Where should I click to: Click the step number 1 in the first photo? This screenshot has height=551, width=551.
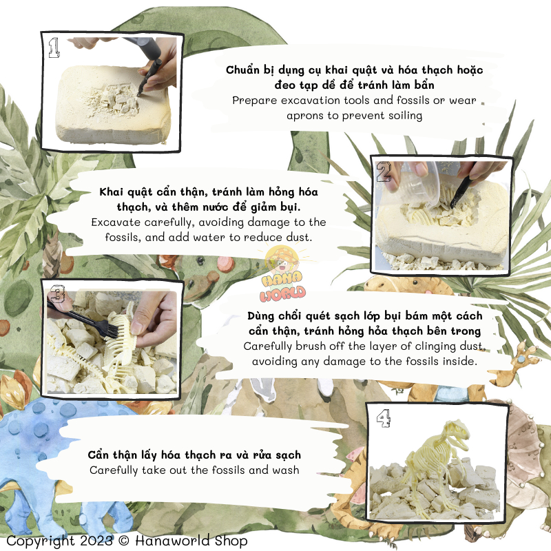click(x=54, y=48)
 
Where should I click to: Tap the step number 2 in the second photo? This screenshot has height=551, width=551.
click(x=384, y=171)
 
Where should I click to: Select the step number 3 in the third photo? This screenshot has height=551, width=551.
click(x=57, y=294)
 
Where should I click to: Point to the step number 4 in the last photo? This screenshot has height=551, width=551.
click(x=384, y=419)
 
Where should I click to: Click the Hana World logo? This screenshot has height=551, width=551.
click(x=282, y=275)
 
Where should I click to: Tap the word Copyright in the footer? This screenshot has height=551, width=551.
click(x=41, y=541)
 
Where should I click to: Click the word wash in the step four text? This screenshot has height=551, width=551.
click(x=286, y=470)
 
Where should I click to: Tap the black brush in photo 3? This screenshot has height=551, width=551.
click(x=83, y=320)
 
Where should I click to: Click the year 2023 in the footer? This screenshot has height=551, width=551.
click(x=96, y=541)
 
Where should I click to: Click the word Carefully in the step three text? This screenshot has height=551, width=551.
click(x=268, y=346)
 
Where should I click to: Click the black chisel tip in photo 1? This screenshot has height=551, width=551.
click(x=140, y=93)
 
